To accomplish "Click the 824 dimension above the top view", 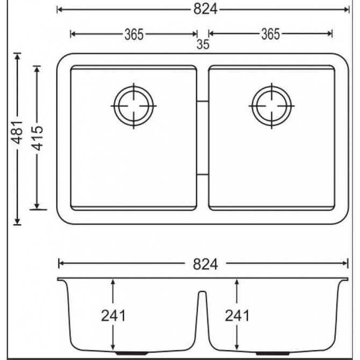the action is tap(205, 10).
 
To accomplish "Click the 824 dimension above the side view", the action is tap(205, 264).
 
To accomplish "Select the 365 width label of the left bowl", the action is tap(134, 35).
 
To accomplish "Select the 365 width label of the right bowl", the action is tap(270, 34).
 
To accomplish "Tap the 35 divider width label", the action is tap(203, 44).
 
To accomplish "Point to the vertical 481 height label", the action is tap(17, 132).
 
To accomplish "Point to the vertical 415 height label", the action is tap(37, 138).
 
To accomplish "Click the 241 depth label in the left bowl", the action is tap(113, 316).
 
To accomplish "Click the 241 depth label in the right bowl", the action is tap(237, 315).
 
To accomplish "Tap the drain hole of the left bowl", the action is tap(134, 106).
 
